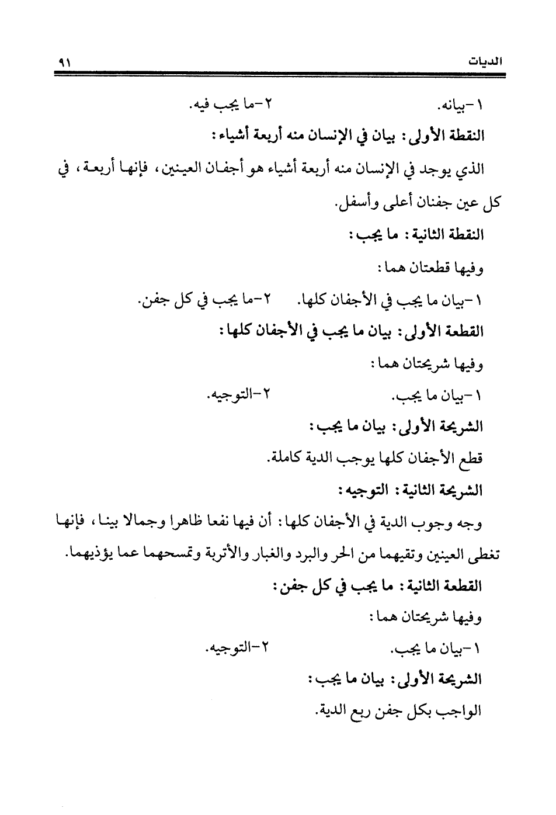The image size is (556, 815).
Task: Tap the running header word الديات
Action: pyautogui.click(x=487, y=61)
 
